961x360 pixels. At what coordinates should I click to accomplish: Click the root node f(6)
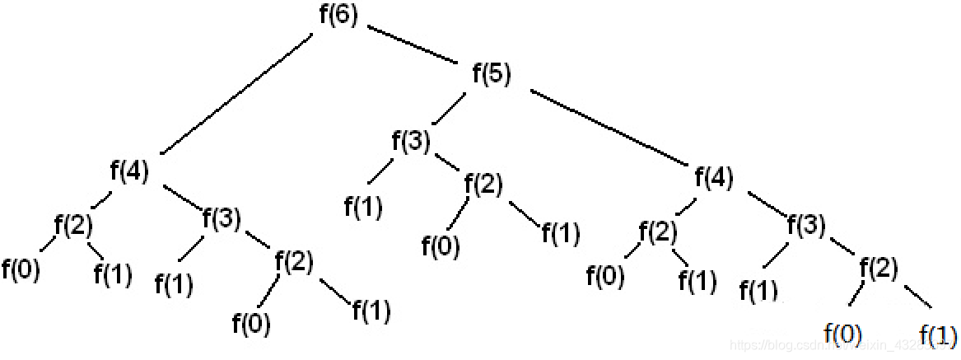click(x=338, y=17)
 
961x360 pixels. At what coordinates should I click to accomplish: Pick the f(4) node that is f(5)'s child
click(x=714, y=177)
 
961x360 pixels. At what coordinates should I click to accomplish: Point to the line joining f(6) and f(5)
click(x=413, y=45)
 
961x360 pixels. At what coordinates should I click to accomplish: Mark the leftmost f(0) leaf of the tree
click(x=21, y=268)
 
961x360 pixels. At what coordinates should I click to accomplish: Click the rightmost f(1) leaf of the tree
click(x=937, y=334)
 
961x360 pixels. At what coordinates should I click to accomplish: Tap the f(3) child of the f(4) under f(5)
click(x=806, y=224)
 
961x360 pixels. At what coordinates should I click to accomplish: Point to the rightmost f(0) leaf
click(x=843, y=334)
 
